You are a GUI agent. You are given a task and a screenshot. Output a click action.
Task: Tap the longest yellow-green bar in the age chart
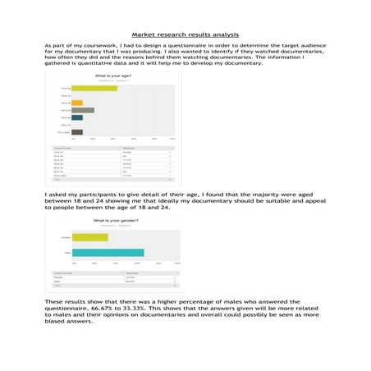coord(94,88)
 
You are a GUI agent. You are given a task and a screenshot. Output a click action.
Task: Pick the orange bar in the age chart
coord(77,103)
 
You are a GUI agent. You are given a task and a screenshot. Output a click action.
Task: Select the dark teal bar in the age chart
coord(77,117)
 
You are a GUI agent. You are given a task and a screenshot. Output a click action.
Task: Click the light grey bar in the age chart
coord(83,110)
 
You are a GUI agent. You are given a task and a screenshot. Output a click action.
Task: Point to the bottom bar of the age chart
coord(77,131)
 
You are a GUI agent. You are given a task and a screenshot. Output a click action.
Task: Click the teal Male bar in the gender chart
coord(108,251)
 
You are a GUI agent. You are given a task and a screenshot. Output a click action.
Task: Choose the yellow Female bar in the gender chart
coord(90,237)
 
